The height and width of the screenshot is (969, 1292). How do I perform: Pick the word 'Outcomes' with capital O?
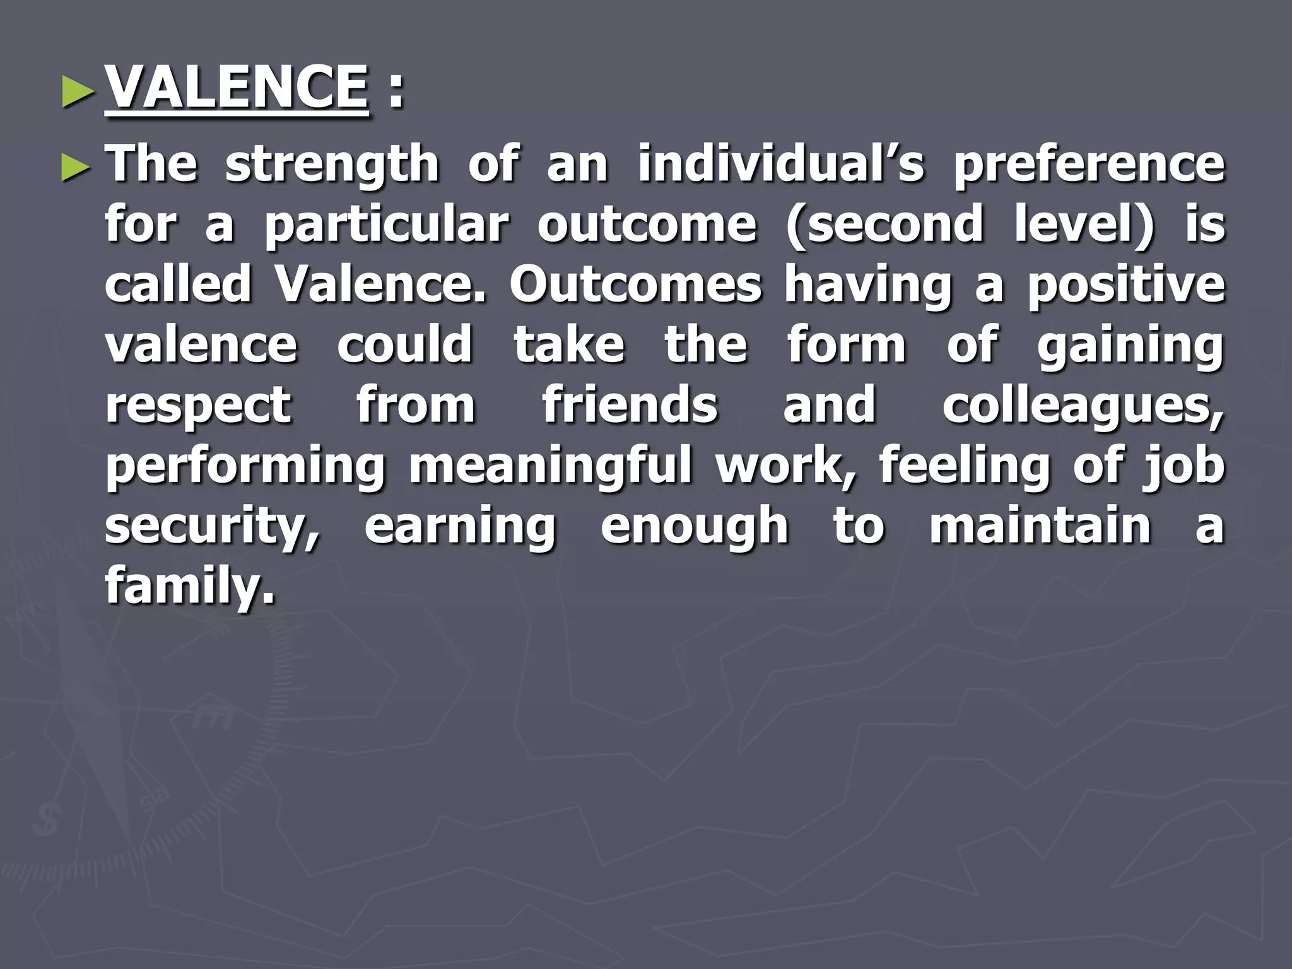point(636,285)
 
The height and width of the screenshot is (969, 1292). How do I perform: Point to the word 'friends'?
point(630,405)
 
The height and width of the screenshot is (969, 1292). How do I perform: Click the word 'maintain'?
point(1040,526)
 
